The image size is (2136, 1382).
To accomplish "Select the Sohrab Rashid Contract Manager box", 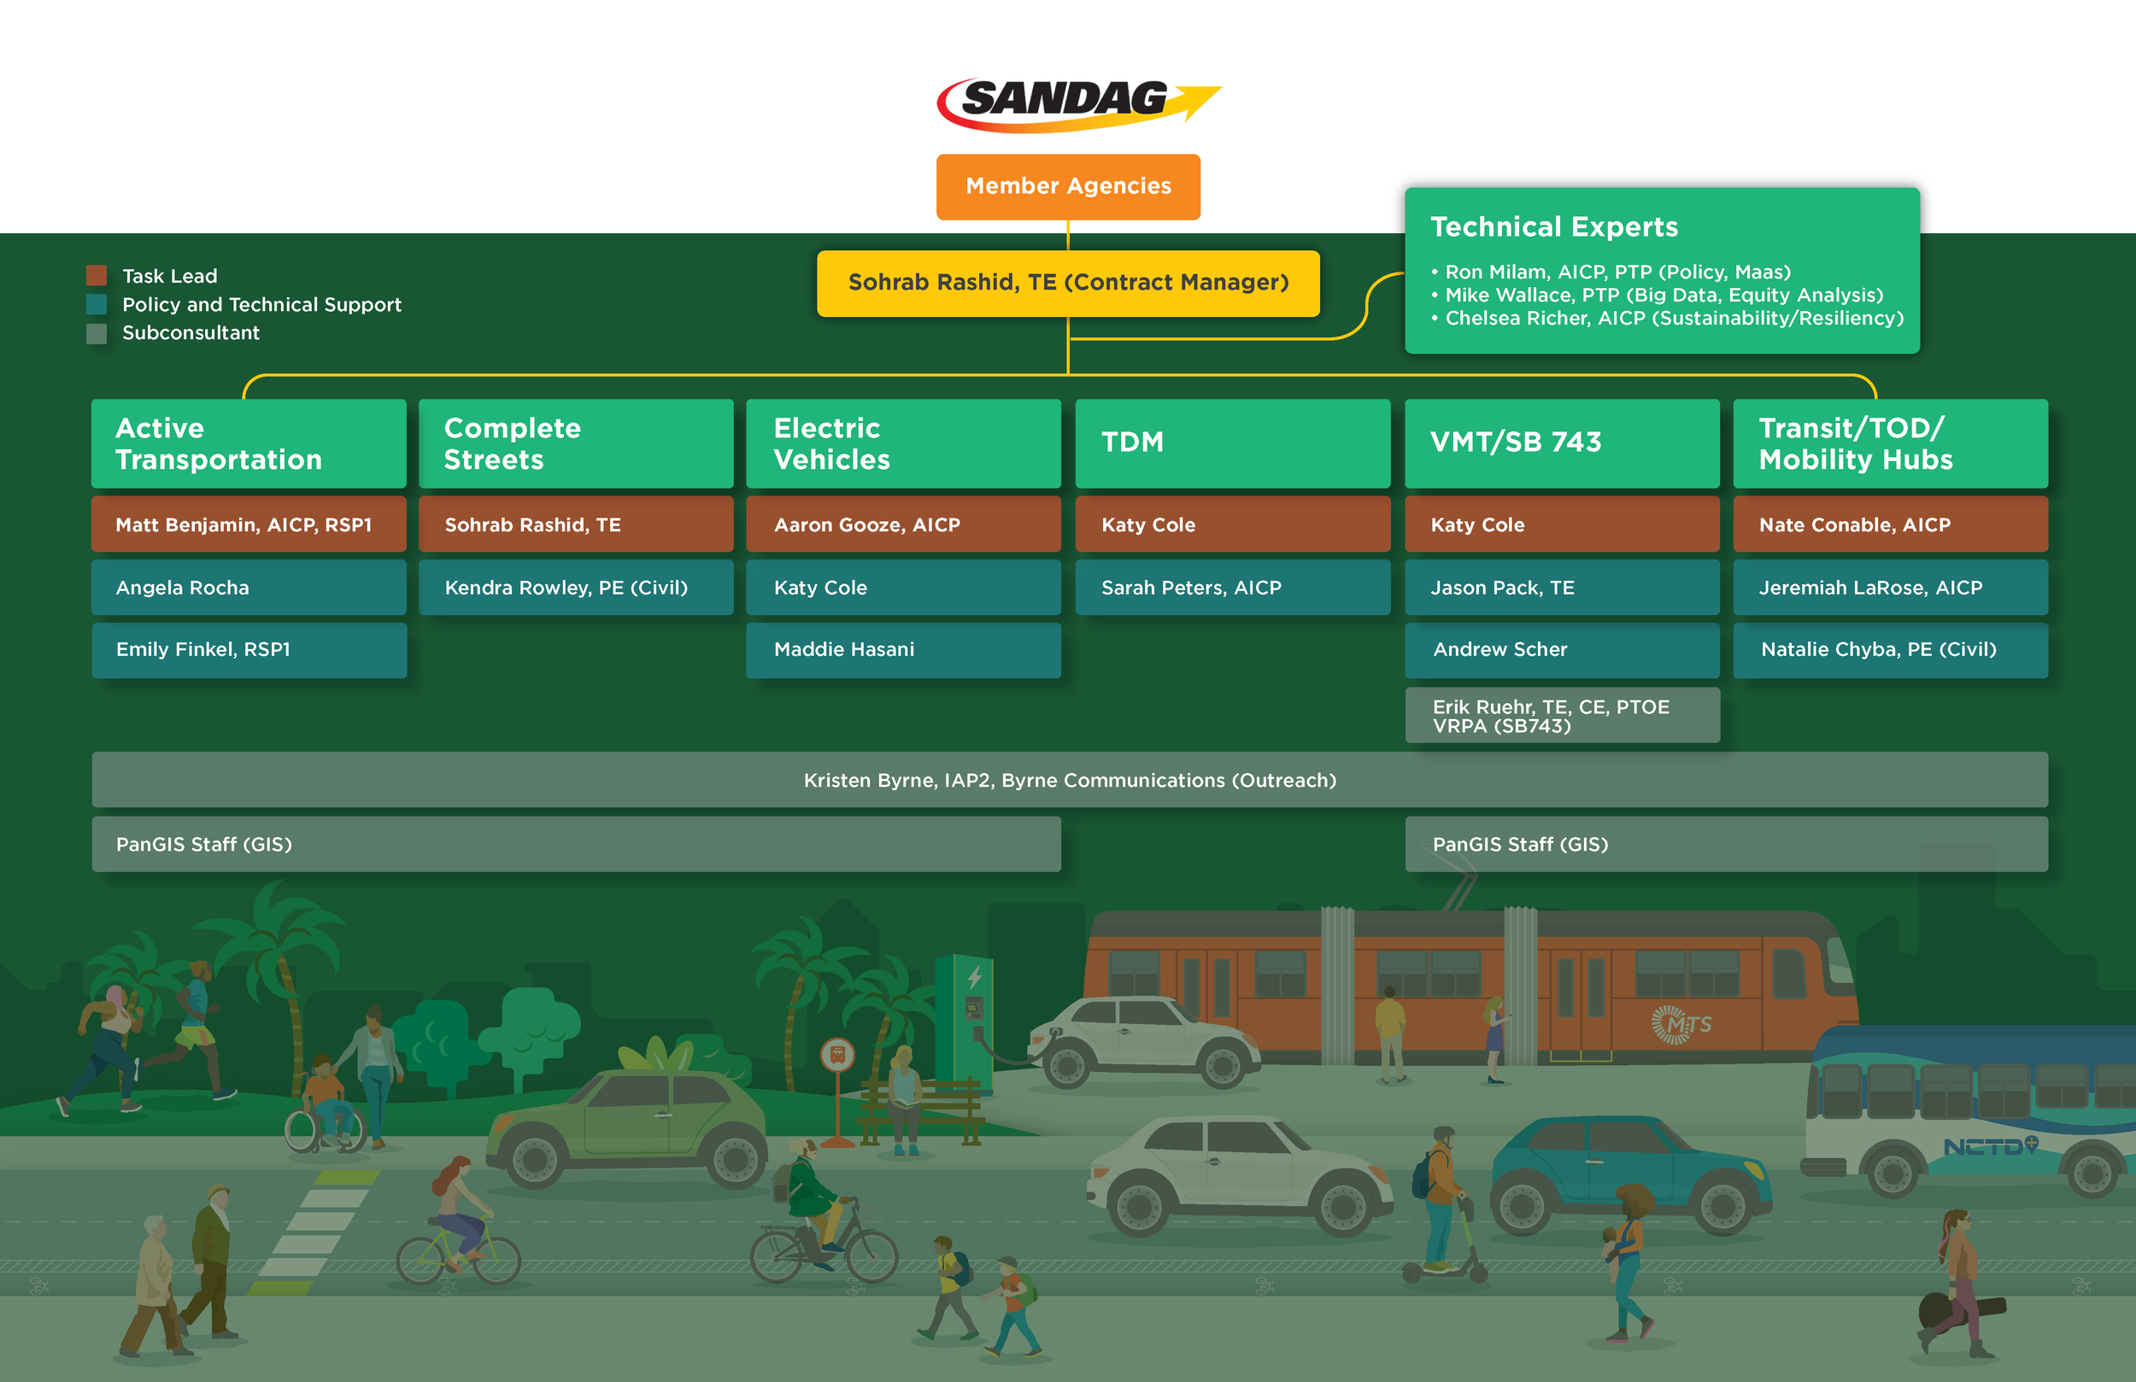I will point(1068,283).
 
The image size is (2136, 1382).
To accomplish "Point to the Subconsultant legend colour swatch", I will point(96,333).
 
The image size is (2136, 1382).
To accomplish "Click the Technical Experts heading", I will point(1553,227).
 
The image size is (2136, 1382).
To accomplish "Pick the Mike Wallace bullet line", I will point(1663,296).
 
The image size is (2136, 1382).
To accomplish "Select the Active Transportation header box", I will point(249,443).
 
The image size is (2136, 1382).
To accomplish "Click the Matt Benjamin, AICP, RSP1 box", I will point(249,525).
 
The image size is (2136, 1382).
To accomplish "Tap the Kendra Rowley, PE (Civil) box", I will point(575,588).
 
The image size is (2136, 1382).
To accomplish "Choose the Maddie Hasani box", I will point(903,650).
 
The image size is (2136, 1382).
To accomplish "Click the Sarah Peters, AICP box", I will point(1232,588).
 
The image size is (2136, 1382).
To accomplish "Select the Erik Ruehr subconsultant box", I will point(1562,715).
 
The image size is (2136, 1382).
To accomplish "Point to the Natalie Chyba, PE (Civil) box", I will point(1890,650).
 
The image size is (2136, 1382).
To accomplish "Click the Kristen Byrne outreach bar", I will point(1069,780).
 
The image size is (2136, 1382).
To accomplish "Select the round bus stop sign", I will point(836,1055).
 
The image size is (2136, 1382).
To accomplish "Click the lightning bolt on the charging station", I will point(975,976).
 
